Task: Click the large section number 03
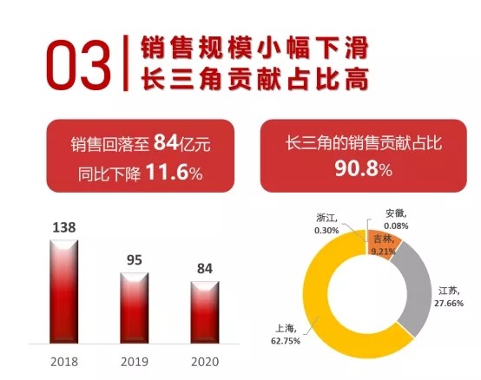click(77, 65)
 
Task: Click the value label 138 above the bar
click(64, 227)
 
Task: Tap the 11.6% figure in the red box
click(175, 172)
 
